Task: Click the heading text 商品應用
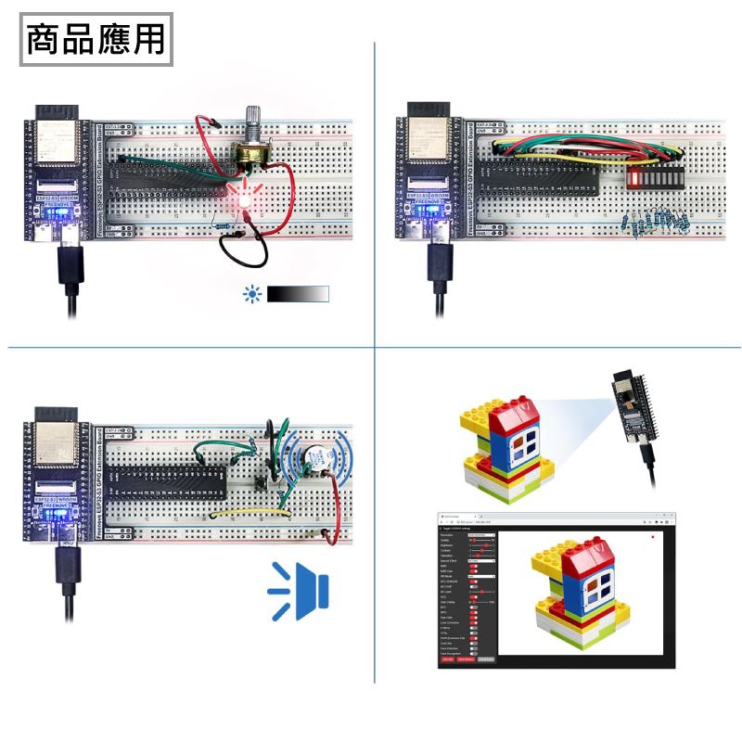(x=96, y=39)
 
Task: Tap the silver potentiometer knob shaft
(x=251, y=124)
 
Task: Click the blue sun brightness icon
(x=251, y=294)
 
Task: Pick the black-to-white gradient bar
(x=298, y=294)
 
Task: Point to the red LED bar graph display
(x=653, y=176)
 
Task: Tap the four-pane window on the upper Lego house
(x=520, y=448)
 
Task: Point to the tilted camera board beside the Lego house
(x=631, y=407)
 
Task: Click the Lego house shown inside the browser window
(x=575, y=594)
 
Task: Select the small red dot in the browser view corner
(x=653, y=537)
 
